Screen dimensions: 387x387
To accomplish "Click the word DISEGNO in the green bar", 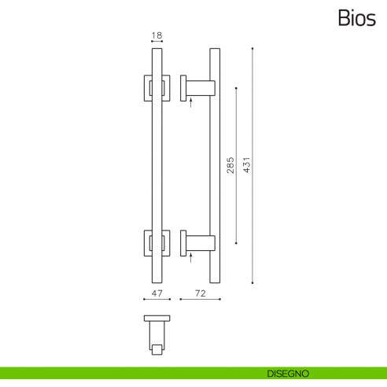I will click(286, 372).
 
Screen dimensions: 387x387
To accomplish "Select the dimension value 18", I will click(156, 35).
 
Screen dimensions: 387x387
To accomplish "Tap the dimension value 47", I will click(156, 293).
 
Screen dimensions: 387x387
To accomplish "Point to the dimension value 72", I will click(200, 293).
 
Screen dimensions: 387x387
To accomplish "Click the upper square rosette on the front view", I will click(156, 88).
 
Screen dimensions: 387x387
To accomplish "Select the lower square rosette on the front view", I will click(156, 243).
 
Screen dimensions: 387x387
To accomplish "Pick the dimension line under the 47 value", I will click(156, 300).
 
